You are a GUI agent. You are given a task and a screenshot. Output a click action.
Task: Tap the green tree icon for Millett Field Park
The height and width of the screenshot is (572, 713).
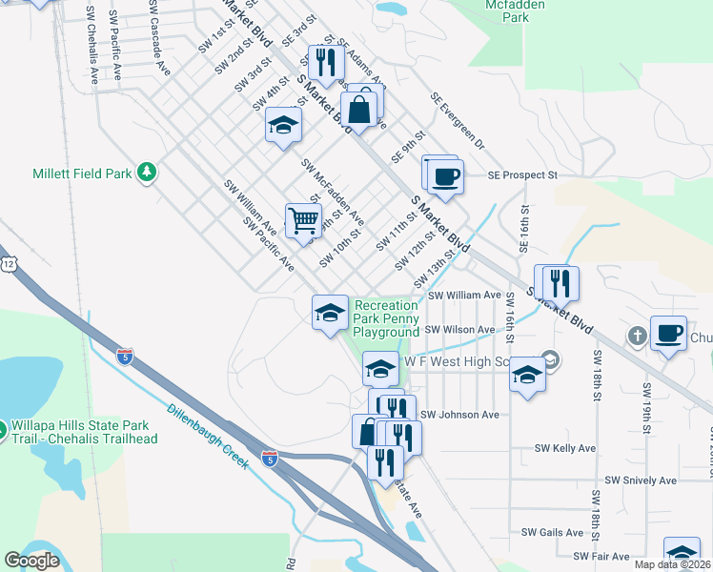pos(147,172)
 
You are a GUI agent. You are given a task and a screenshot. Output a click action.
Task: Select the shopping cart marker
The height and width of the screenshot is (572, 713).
pos(303,220)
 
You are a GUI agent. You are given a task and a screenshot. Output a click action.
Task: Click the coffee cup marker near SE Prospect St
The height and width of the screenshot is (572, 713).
pos(445,174)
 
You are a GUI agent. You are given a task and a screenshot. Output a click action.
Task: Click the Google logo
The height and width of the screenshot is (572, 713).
pos(31,561)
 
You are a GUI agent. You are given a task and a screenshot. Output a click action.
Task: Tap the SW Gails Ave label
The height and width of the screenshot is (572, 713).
pos(552,532)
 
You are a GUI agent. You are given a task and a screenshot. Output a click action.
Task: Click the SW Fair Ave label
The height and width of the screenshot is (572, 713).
pos(602,556)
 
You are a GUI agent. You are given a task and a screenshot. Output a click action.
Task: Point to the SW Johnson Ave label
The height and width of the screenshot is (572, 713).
pos(460,415)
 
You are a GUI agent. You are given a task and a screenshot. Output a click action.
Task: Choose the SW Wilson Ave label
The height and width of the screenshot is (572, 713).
pos(460,330)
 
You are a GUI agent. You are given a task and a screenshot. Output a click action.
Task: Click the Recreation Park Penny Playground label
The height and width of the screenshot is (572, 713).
pos(386,318)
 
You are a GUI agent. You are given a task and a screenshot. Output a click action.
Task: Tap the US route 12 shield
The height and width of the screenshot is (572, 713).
pos(9,262)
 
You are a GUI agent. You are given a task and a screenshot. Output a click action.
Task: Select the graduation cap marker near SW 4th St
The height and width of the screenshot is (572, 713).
pos(283,126)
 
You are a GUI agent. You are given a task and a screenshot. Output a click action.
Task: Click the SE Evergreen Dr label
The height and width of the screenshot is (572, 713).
pos(458,120)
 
